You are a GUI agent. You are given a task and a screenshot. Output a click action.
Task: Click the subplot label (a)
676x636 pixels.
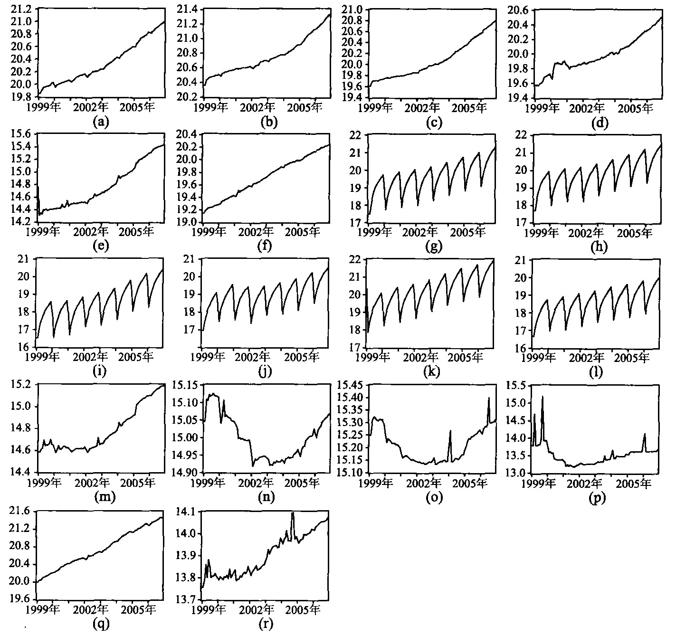pos(101,122)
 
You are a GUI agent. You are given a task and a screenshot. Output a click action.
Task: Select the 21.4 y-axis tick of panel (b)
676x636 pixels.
pos(187,9)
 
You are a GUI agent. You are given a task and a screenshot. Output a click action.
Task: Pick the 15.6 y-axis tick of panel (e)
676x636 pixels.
pos(21,134)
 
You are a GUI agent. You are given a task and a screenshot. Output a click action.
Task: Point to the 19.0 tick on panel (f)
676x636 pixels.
pos(187,222)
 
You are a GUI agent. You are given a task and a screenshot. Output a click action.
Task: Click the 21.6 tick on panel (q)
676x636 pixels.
pos(21,512)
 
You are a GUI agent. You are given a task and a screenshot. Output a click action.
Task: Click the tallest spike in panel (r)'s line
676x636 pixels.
pos(293,513)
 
